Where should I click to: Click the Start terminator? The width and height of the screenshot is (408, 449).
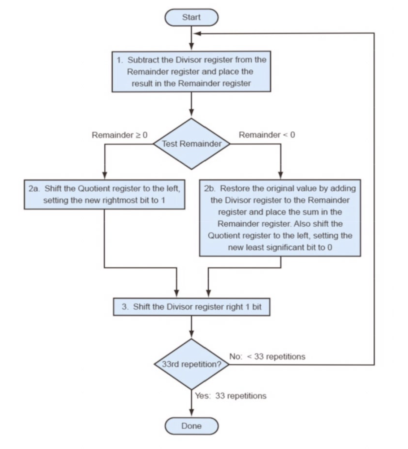(191, 17)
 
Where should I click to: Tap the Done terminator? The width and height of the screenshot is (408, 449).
(191, 426)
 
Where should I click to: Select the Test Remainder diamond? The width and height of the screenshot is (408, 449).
(191, 144)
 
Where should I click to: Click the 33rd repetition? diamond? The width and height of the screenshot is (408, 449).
(191, 364)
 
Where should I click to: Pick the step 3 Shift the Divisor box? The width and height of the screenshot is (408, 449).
(191, 307)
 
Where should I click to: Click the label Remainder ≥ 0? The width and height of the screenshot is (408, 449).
(120, 135)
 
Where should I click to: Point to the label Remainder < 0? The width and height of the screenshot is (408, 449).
(267, 135)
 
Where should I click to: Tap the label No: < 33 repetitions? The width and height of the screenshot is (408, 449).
(267, 357)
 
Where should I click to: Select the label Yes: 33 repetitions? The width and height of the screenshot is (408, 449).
(231, 396)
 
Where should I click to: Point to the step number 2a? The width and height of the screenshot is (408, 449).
(34, 189)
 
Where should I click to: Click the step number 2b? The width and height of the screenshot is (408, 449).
(210, 188)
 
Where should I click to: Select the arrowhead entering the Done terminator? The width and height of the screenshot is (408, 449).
(191, 413)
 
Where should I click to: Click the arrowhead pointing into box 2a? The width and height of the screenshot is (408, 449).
(105, 175)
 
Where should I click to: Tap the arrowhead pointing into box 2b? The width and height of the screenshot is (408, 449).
(281, 175)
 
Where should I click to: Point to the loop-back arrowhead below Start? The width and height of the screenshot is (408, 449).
(197, 34)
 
